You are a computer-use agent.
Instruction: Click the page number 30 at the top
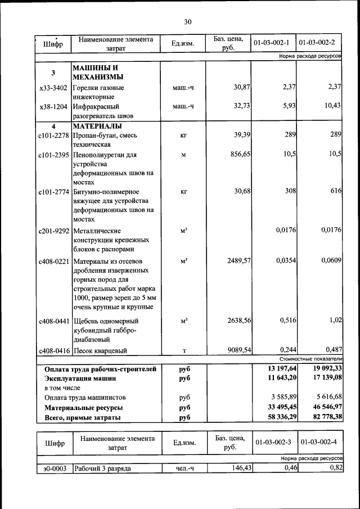pos(187,22)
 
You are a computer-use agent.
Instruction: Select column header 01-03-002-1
pos(273,43)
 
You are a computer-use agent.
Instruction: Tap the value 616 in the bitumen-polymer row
pos(336,191)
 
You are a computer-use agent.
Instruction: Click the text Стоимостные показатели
pos(310,358)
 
